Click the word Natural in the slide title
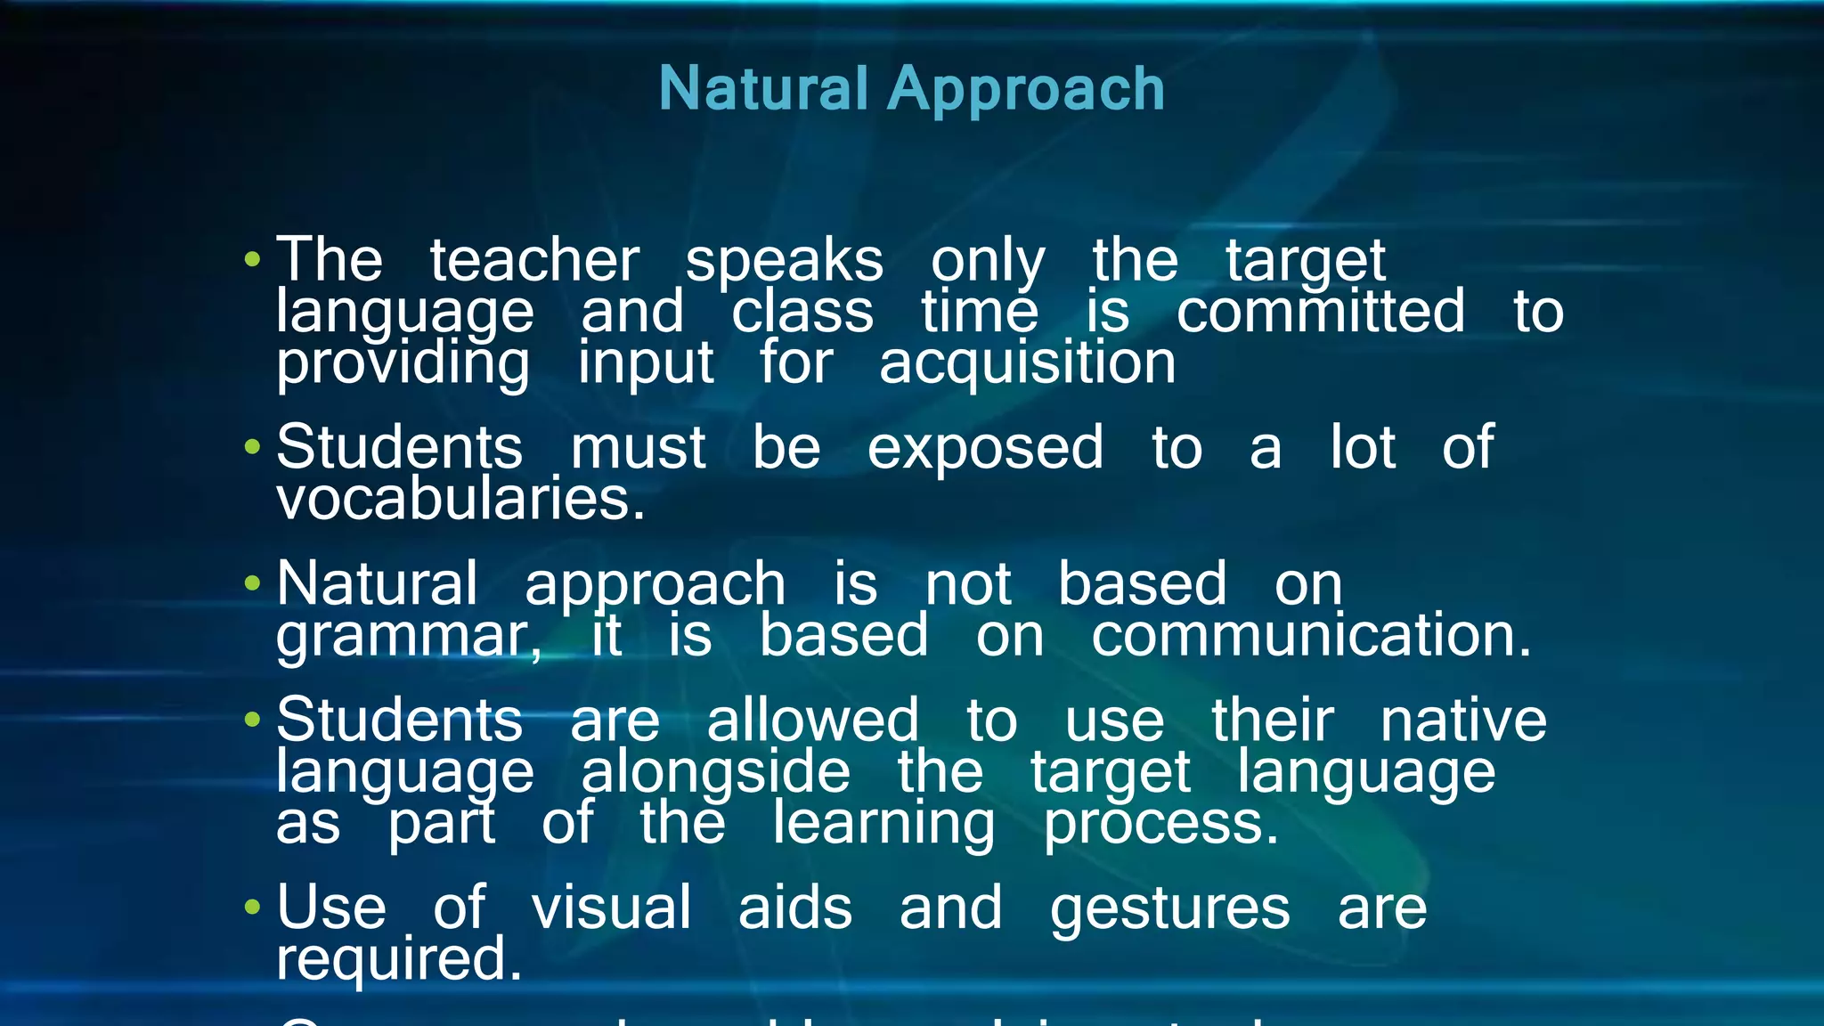(x=763, y=89)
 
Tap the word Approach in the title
(x=1026, y=91)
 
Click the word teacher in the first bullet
(x=534, y=260)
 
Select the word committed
(x=1321, y=311)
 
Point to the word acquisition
(x=1027, y=363)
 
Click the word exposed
(x=985, y=447)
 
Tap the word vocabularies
(x=460, y=499)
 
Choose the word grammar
(x=408, y=636)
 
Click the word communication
(x=1311, y=635)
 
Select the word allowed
(x=812, y=720)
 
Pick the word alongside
(x=715, y=771)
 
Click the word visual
(x=611, y=908)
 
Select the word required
(x=398, y=959)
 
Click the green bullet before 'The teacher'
(x=253, y=260)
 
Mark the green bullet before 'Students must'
(x=253, y=447)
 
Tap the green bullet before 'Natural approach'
(x=253, y=584)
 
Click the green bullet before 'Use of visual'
(x=253, y=908)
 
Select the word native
(x=1463, y=720)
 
